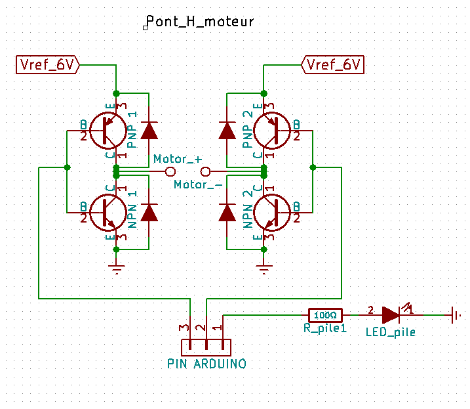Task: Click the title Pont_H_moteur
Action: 200,22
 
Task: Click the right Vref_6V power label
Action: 333,65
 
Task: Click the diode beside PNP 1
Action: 149,130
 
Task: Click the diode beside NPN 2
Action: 227,212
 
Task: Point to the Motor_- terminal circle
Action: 206,171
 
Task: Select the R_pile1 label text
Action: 324,328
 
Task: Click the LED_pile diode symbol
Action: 391,314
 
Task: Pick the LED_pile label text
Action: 391,332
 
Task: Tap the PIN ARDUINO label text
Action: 206,363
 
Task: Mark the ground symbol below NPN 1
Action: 117,266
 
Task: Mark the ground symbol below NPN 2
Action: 264,266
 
